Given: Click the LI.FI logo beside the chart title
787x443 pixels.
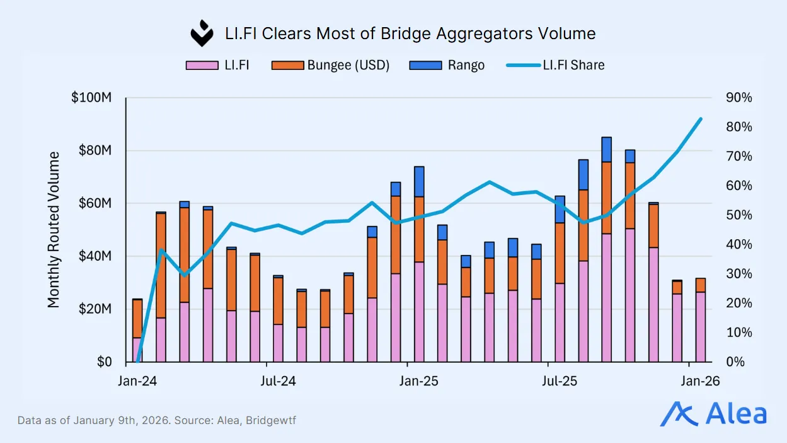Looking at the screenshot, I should [202, 33].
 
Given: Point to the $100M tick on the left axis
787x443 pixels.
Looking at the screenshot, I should [91, 98].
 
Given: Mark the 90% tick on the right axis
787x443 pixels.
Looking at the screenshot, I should [738, 98].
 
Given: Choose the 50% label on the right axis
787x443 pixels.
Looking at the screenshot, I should [738, 215].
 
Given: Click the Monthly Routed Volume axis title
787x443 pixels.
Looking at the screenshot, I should [54, 230].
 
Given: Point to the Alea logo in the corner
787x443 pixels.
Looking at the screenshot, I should [713, 414].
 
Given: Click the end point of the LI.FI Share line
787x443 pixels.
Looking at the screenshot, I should [701, 118].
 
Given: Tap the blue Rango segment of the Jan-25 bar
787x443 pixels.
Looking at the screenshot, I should [419, 182].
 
